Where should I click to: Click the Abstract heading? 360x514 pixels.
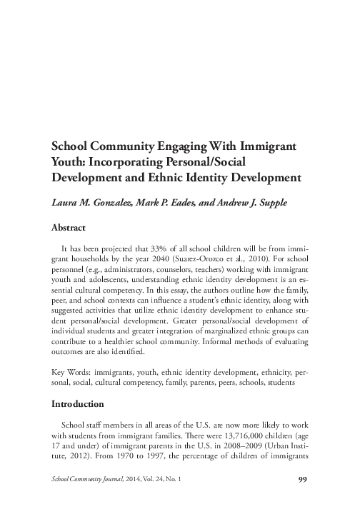pos(69,228)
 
